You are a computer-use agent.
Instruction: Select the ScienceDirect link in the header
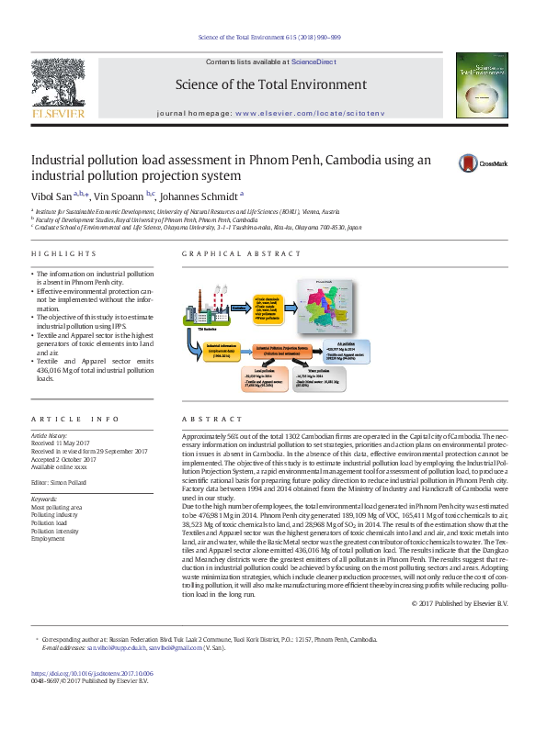(x=313, y=61)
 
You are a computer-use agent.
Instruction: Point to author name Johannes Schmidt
(x=199, y=196)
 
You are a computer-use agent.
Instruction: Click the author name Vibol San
(x=51, y=196)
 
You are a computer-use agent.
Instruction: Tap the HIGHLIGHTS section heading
(x=63, y=253)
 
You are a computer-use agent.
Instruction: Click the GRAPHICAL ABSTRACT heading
(x=227, y=253)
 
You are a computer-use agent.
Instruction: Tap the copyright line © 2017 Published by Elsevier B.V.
(x=471, y=603)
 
